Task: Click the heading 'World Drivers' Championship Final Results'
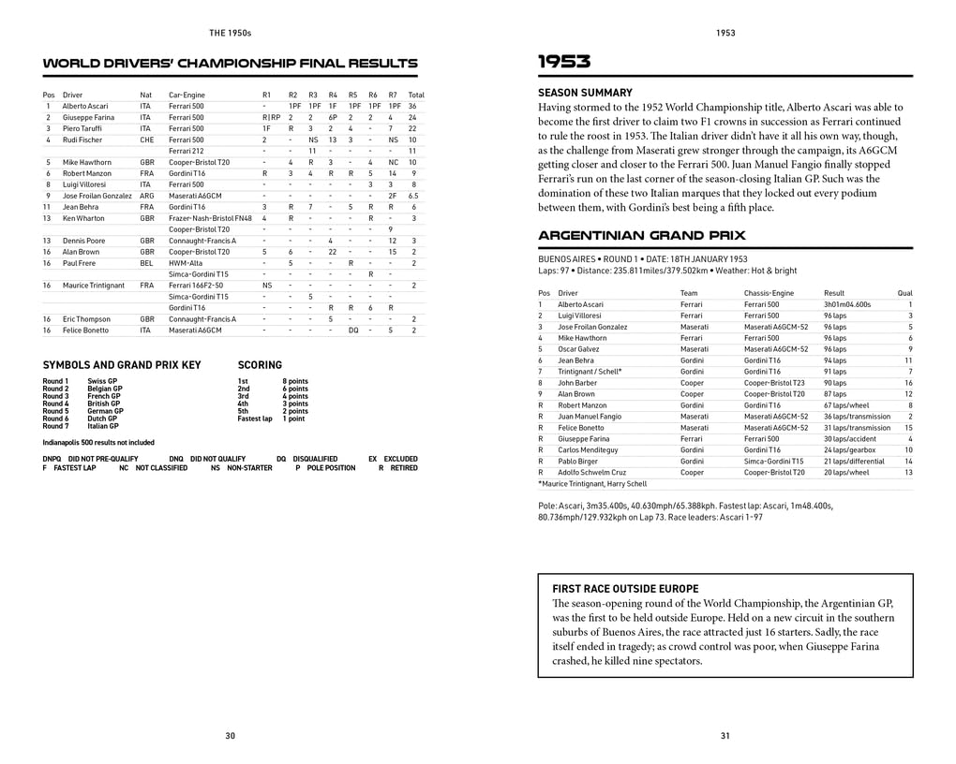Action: coord(230,64)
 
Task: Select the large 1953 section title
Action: coord(563,63)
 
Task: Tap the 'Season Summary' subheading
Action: coord(585,93)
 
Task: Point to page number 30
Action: coord(231,736)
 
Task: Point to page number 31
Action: coord(724,736)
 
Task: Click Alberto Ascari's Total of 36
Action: coord(412,107)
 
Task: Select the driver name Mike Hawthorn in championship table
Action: coord(86,162)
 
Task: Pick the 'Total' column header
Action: coord(416,95)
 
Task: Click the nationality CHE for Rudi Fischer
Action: coord(147,140)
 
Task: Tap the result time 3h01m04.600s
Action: coord(847,304)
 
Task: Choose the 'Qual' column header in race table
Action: coord(904,293)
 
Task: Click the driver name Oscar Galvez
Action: coord(578,349)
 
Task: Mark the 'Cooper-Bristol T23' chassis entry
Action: coord(774,383)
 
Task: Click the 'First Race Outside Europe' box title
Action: coord(614,588)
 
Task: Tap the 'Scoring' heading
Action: coord(260,365)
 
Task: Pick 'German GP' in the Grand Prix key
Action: coord(105,411)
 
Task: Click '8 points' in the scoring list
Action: coord(295,381)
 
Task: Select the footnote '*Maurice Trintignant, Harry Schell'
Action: coord(592,484)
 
